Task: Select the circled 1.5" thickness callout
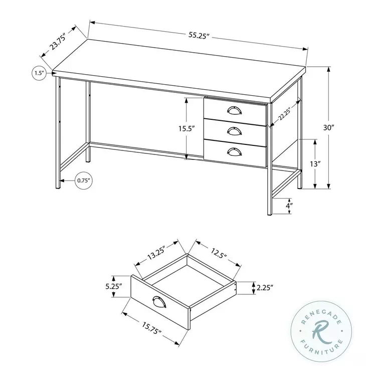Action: point(39,73)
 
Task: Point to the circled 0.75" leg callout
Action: point(84,180)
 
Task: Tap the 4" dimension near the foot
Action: point(303,206)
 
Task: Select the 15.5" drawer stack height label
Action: point(186,128)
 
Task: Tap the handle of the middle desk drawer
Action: point(234,131)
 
